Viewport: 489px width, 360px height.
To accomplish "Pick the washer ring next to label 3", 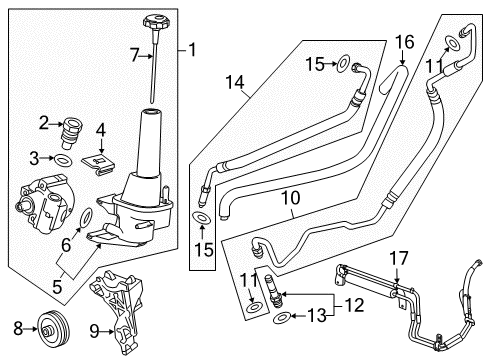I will click(64, 159).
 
